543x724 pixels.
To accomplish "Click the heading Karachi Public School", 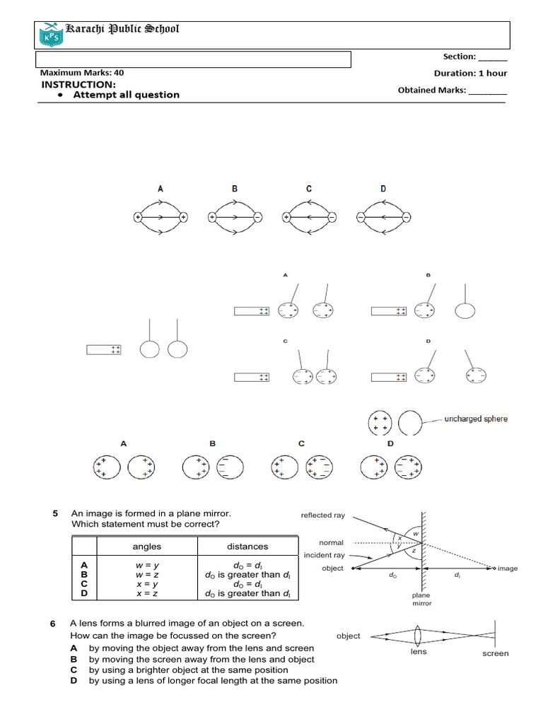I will click(x=122, y=29).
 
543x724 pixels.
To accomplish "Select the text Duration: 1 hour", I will click(x=470, y=73).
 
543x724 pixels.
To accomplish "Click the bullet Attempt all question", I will click(x=126, y=95).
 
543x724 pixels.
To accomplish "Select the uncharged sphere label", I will click(x=476, y=419).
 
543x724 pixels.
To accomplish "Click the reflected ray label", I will click(x=322, y=515).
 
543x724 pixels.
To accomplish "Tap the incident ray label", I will click(x=325, y=556).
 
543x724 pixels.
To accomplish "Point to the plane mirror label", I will click(x=421, y=600).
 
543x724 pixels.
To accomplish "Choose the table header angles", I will click(x=147, y=547).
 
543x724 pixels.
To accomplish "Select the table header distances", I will click(x=247, y=547).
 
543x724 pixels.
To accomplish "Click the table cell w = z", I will click(x=147, y=576).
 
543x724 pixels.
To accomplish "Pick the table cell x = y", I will click(x=147, y=585).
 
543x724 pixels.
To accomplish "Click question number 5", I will click(x=55, y=513).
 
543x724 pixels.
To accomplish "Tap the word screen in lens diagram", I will click(x=496, y=653).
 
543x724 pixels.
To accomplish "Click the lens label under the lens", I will click(x=419, y=652).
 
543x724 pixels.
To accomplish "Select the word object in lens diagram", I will click(x=349, y=636).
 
